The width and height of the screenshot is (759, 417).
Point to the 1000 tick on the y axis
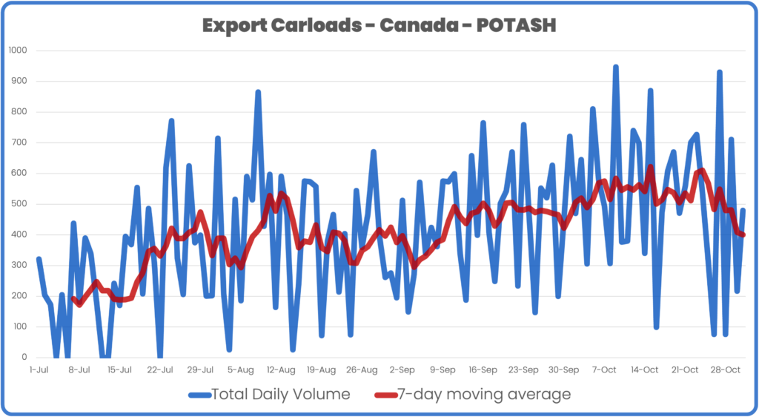pos(16,50)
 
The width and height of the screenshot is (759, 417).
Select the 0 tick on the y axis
pos(23,358)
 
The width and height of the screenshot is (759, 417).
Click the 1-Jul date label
pos(39,369)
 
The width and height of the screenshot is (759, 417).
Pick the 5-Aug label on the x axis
pos(240,369)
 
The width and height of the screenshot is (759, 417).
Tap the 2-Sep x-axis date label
pos(402,369)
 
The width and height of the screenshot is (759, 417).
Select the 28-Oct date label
pos(726,369)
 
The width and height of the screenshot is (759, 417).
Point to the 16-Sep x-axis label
pos(483,369)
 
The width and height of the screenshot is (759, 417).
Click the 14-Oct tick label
pos(645,369)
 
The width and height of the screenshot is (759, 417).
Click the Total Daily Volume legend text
pos(280,394)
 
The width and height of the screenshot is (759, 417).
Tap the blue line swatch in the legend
pos(199,395)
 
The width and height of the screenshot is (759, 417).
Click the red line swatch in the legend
pos(385,395)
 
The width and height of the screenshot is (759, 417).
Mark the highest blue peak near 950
pos(615,67)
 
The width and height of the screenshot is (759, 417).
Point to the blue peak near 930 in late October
pos(719,72)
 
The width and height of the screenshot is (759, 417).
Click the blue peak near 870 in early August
pos(258,92)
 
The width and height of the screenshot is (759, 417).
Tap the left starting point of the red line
pos(73,298)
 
